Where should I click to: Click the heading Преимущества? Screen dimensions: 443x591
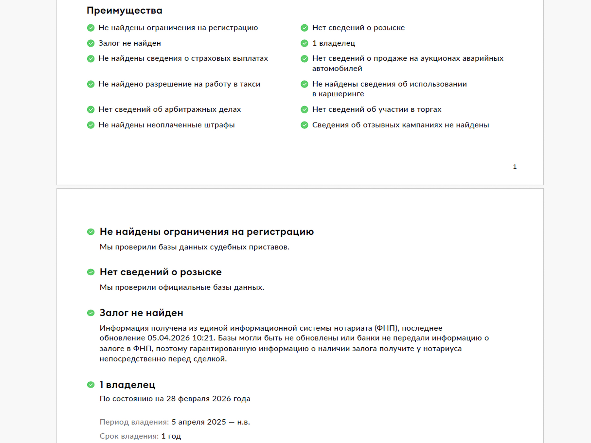pos(124,10)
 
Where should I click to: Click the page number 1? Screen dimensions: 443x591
pos(515,167)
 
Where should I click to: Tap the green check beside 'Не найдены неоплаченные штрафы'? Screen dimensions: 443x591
pos(91,125)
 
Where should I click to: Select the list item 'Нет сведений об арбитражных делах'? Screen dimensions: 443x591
pos(170,110)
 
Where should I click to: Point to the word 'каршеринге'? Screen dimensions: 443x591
pos(341,94)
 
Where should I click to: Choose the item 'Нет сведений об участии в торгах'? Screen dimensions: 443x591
pos(377,110)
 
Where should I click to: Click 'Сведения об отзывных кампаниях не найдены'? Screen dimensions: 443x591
pos(400,125)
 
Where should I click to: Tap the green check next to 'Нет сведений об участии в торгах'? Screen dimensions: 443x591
pos(304,110)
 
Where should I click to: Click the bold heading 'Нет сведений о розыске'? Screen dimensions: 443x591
pos(160,272)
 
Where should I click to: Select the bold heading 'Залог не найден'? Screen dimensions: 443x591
pos(141,313)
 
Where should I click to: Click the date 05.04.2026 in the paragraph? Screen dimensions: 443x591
pos(168,338)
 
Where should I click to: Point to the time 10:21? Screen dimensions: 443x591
pos(203,338)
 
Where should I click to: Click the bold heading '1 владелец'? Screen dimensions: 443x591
pos(127,385)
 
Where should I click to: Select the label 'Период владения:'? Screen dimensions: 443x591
pos(134,422)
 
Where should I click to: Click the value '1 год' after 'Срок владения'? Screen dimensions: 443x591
pos(171,436)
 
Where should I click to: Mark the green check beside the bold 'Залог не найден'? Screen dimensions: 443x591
pos(91,313)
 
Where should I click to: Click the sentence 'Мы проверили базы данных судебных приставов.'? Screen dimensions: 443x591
pos(194,247)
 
